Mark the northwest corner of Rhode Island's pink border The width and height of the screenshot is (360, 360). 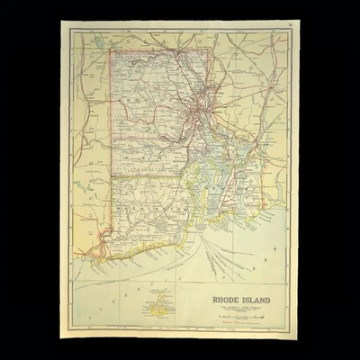(x=111, y=49)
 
